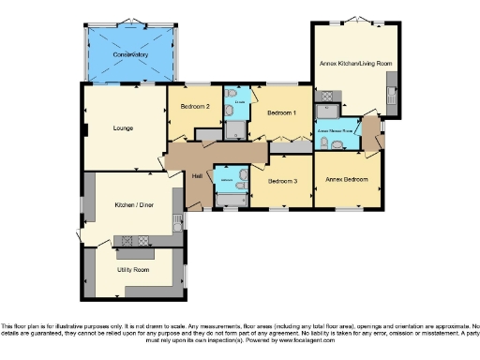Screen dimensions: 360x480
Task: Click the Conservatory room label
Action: (x=130, y=55)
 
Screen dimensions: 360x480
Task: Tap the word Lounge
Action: (x=123, y=128)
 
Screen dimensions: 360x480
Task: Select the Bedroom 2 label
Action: (x=194, y=107)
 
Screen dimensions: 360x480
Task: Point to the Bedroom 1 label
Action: (x=281, y=113)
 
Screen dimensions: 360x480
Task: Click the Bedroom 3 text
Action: (x=281, y=181)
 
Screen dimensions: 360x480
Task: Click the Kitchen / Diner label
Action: (x=132, y=204)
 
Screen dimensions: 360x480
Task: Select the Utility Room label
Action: (x=133, y=270)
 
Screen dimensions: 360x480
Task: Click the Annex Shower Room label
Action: (x=335, y=132)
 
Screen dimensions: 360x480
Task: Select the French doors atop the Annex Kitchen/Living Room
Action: (x=357, y=20)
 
